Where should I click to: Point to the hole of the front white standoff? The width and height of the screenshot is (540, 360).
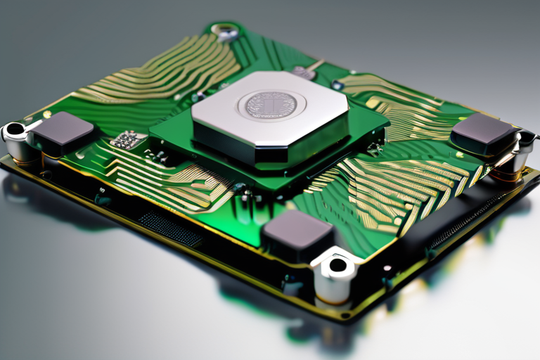338,265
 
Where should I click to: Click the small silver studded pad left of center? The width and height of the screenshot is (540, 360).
127,140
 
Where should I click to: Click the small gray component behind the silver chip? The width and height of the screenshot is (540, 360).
304,72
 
